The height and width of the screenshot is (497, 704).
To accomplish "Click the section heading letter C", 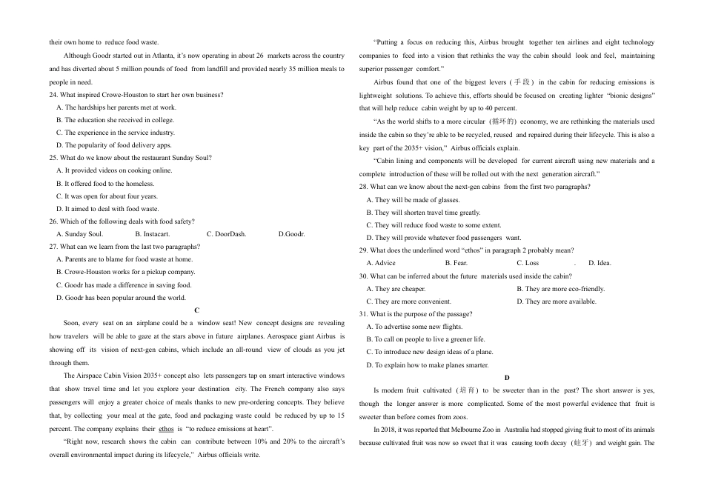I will pos(196,310).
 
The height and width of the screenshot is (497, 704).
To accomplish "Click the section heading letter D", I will pos(507,378).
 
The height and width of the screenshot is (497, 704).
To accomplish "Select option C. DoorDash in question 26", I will pos(226,234).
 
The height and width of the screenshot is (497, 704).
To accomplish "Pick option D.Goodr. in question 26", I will pos(291,234).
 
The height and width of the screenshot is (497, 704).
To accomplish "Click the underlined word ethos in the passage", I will pos(167,429).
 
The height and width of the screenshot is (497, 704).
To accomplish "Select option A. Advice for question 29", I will pos(381,263).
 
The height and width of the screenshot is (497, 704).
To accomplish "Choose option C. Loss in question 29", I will pos(528,263).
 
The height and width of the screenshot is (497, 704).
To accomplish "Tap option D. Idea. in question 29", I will pos(600,263).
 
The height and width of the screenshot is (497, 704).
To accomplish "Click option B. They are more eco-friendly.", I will pos(560,289).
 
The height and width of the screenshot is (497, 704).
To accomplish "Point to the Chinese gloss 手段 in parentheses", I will pos(522,82).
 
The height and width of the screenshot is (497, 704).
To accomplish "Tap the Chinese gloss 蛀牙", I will pos(581,443).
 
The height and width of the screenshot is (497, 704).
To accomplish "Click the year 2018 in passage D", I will pos(391,430).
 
